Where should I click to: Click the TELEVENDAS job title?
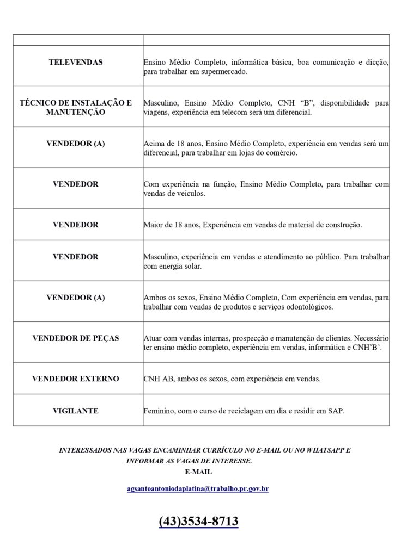76,63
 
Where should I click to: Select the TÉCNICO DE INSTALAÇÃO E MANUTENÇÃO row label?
76,107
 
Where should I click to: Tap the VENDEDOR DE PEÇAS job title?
76,338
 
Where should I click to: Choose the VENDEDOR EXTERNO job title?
76,378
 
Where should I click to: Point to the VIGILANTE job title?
76,411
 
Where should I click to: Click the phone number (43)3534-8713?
198,522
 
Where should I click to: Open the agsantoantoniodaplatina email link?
197,489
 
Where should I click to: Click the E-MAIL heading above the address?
198,472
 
